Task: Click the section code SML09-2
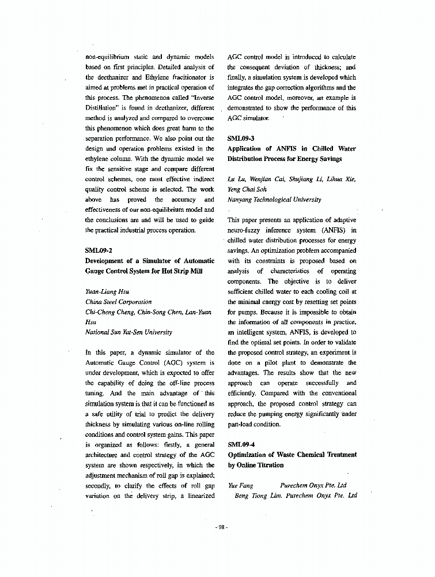click(x=99, y=250)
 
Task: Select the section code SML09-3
click(x=241, y=138)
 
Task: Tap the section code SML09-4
click(x=241, y=444)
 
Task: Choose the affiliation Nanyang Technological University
click(x=274, y=200)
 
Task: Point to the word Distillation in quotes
click(x=101, y=108)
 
